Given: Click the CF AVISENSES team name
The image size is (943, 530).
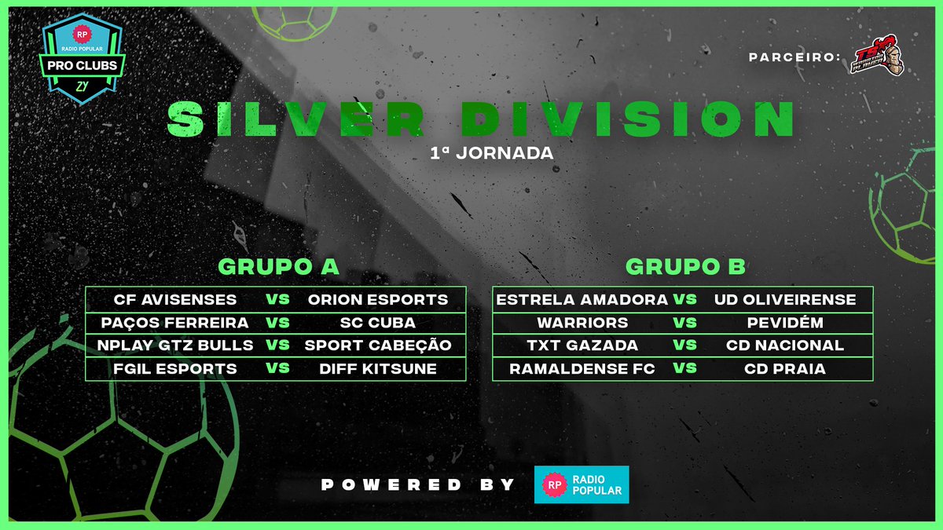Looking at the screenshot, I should pos(175,299).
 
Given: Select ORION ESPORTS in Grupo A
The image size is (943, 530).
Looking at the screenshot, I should pos(377,299).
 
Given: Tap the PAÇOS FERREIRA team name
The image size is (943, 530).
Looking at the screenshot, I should pos(175,323).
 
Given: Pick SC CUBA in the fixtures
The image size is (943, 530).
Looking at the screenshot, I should pos(377,323).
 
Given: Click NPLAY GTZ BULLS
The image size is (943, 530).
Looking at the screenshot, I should pos(175,345).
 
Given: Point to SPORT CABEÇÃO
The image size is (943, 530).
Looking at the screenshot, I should pos(377,345).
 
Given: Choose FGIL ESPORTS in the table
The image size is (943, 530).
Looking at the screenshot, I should pos(175,369).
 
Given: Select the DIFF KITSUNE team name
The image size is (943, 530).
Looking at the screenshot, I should pos(377,369).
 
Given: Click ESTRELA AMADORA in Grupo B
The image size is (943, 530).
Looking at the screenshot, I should pos(582,299).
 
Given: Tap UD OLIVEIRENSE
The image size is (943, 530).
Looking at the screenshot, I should pos(784,299).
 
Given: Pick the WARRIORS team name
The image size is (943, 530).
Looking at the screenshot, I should pos(582,323).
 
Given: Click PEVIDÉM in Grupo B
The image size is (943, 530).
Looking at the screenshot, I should pos(784,323).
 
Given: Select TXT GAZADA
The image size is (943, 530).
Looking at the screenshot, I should pos(582,345).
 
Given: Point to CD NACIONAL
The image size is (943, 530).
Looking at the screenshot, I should pos(784,345).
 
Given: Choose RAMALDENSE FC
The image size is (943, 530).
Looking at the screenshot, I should pos(582,369).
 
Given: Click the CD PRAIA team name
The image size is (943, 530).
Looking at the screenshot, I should pos(784,369).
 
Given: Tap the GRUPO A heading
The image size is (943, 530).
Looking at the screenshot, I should pos(278,267).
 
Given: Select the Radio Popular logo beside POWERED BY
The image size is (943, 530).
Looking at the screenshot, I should pos(582,484).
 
